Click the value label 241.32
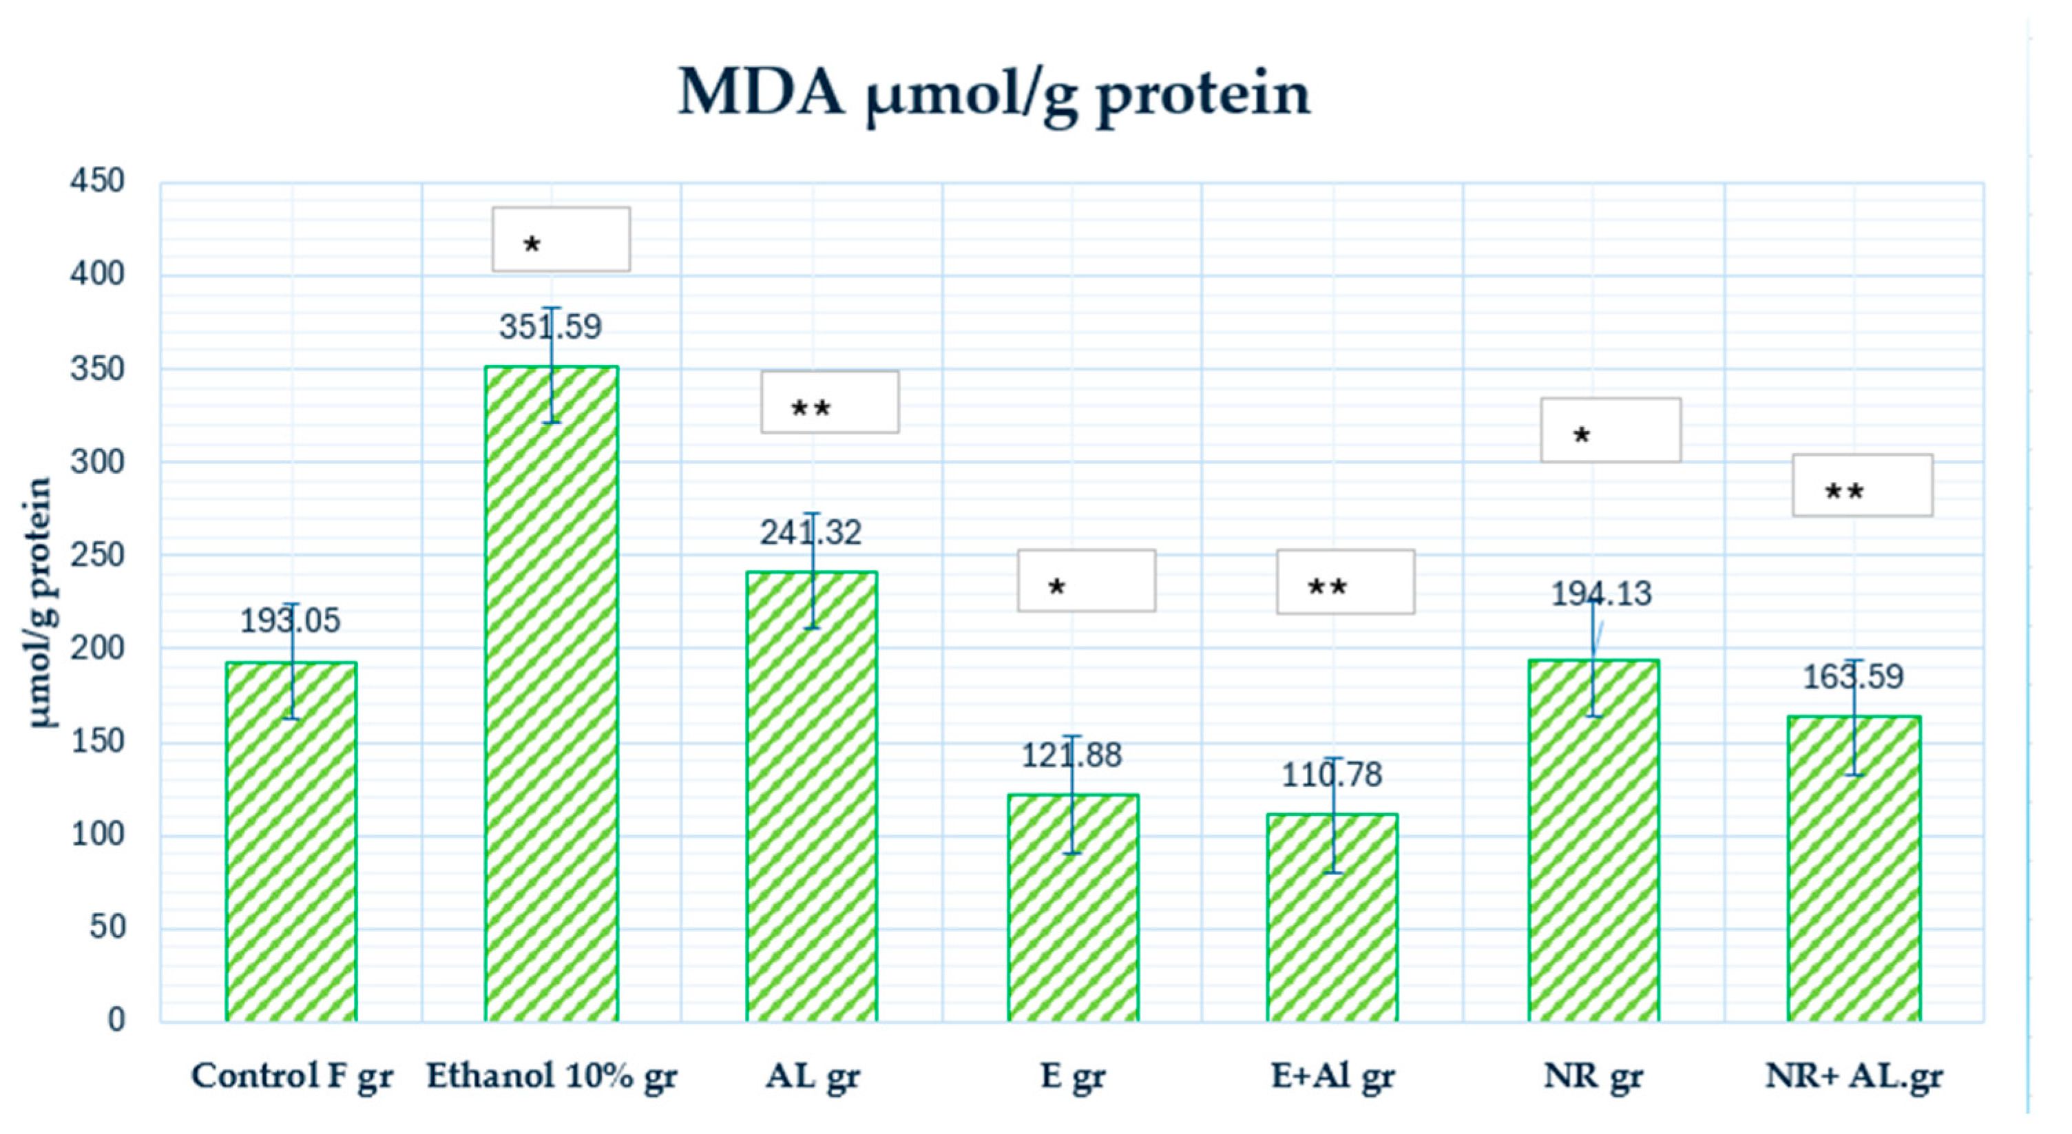pos(810,532)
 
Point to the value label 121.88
pos(1071,755)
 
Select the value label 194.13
pos(1600,594)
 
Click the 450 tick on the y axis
pos(97,181)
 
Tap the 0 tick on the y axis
pos(116,1020)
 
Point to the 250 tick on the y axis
pos(97,554)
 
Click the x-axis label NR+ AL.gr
pos(1854,1076)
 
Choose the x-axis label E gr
pos(1072,1076)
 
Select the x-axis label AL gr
pos(813,1076)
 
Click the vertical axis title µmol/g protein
pos(40,602)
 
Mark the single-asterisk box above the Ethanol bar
pos(561,240)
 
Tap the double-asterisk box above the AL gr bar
pos(830,402)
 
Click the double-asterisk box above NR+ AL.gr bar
pos(1862,485)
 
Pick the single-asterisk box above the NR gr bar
pos(1611,430)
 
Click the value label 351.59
pos(550,327)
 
